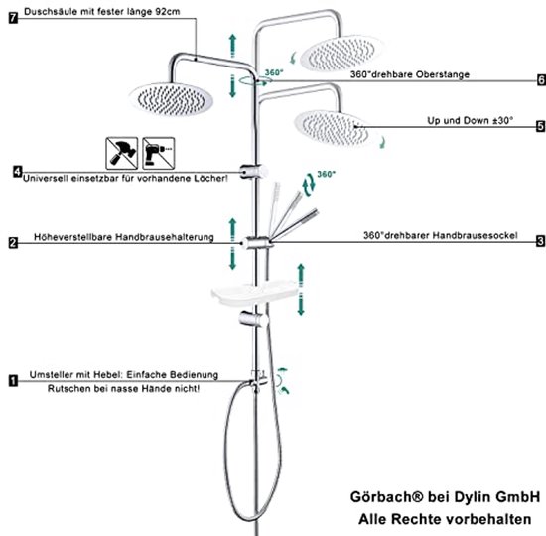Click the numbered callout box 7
(x=13, y=18)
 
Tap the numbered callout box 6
(x=541, y=80)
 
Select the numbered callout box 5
(x=541, y=126)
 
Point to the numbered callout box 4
(x=18, y=172)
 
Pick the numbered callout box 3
(x=541, y=241)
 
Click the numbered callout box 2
(x=13, y=243)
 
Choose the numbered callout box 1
(x=13, y=381)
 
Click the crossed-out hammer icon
(x=122, y=153)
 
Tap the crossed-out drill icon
(x=159, y=153)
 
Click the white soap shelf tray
(x=254, y=294)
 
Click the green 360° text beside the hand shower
(x=327, y=174)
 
